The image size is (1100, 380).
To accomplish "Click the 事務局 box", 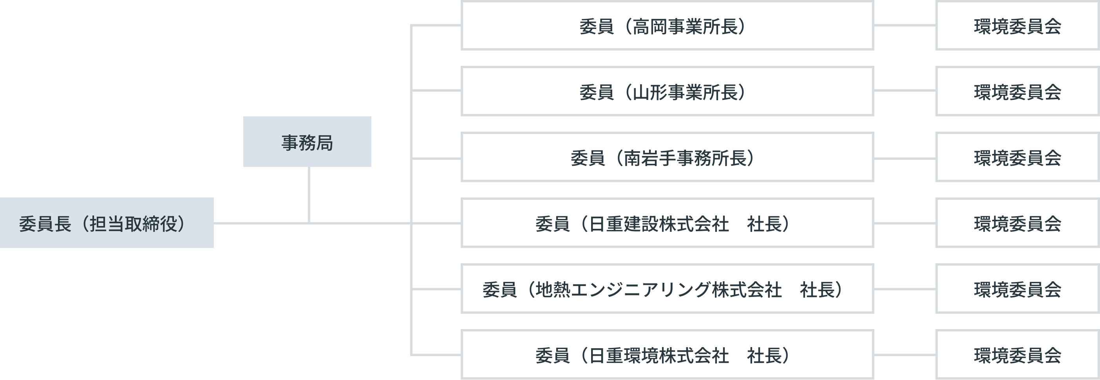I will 307,142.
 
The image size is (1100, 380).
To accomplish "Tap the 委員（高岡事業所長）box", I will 667,26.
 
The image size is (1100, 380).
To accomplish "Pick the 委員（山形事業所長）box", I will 667,91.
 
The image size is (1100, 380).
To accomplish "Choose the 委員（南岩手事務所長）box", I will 667,157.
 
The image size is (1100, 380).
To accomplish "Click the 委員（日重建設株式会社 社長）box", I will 667,223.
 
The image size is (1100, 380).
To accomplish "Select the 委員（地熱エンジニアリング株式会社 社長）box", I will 667,289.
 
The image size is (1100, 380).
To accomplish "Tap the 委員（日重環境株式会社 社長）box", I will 667,355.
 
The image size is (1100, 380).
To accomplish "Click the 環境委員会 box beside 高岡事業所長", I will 1017,26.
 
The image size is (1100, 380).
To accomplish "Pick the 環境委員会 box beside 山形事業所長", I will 1017,91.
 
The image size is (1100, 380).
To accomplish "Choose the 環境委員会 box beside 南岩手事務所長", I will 1017,157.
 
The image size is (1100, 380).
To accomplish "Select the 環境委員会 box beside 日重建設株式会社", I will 1017,223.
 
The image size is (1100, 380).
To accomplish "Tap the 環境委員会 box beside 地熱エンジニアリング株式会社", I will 1017,289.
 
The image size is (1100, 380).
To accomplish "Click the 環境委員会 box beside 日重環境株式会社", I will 1017,355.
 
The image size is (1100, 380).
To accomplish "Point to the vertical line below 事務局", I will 309,194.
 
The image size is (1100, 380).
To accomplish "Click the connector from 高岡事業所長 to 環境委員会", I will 905,25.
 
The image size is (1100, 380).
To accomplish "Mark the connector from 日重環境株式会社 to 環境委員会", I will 905,355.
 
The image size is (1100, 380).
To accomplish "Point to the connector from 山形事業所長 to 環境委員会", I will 905,90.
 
